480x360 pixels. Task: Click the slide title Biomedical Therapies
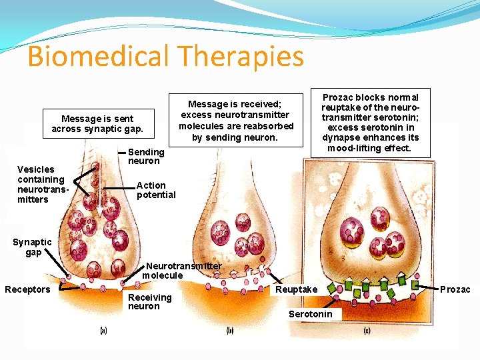165,57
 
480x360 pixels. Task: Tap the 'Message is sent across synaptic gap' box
97,124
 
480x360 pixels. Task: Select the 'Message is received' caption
236,121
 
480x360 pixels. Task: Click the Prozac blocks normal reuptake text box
370,122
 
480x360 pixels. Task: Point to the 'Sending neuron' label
146,157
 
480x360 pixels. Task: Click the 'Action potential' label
156,190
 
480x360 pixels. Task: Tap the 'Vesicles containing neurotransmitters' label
41,184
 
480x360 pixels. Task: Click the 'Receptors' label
27,289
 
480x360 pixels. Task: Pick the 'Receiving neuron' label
149,301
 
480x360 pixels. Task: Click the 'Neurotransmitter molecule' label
182,271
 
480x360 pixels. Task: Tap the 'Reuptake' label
297,289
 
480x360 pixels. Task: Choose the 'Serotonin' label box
310,314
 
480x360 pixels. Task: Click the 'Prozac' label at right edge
455,289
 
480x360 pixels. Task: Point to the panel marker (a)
103,330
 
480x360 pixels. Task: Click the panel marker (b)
230,330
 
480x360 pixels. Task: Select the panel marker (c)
367,330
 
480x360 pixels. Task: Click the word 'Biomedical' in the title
99,57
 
